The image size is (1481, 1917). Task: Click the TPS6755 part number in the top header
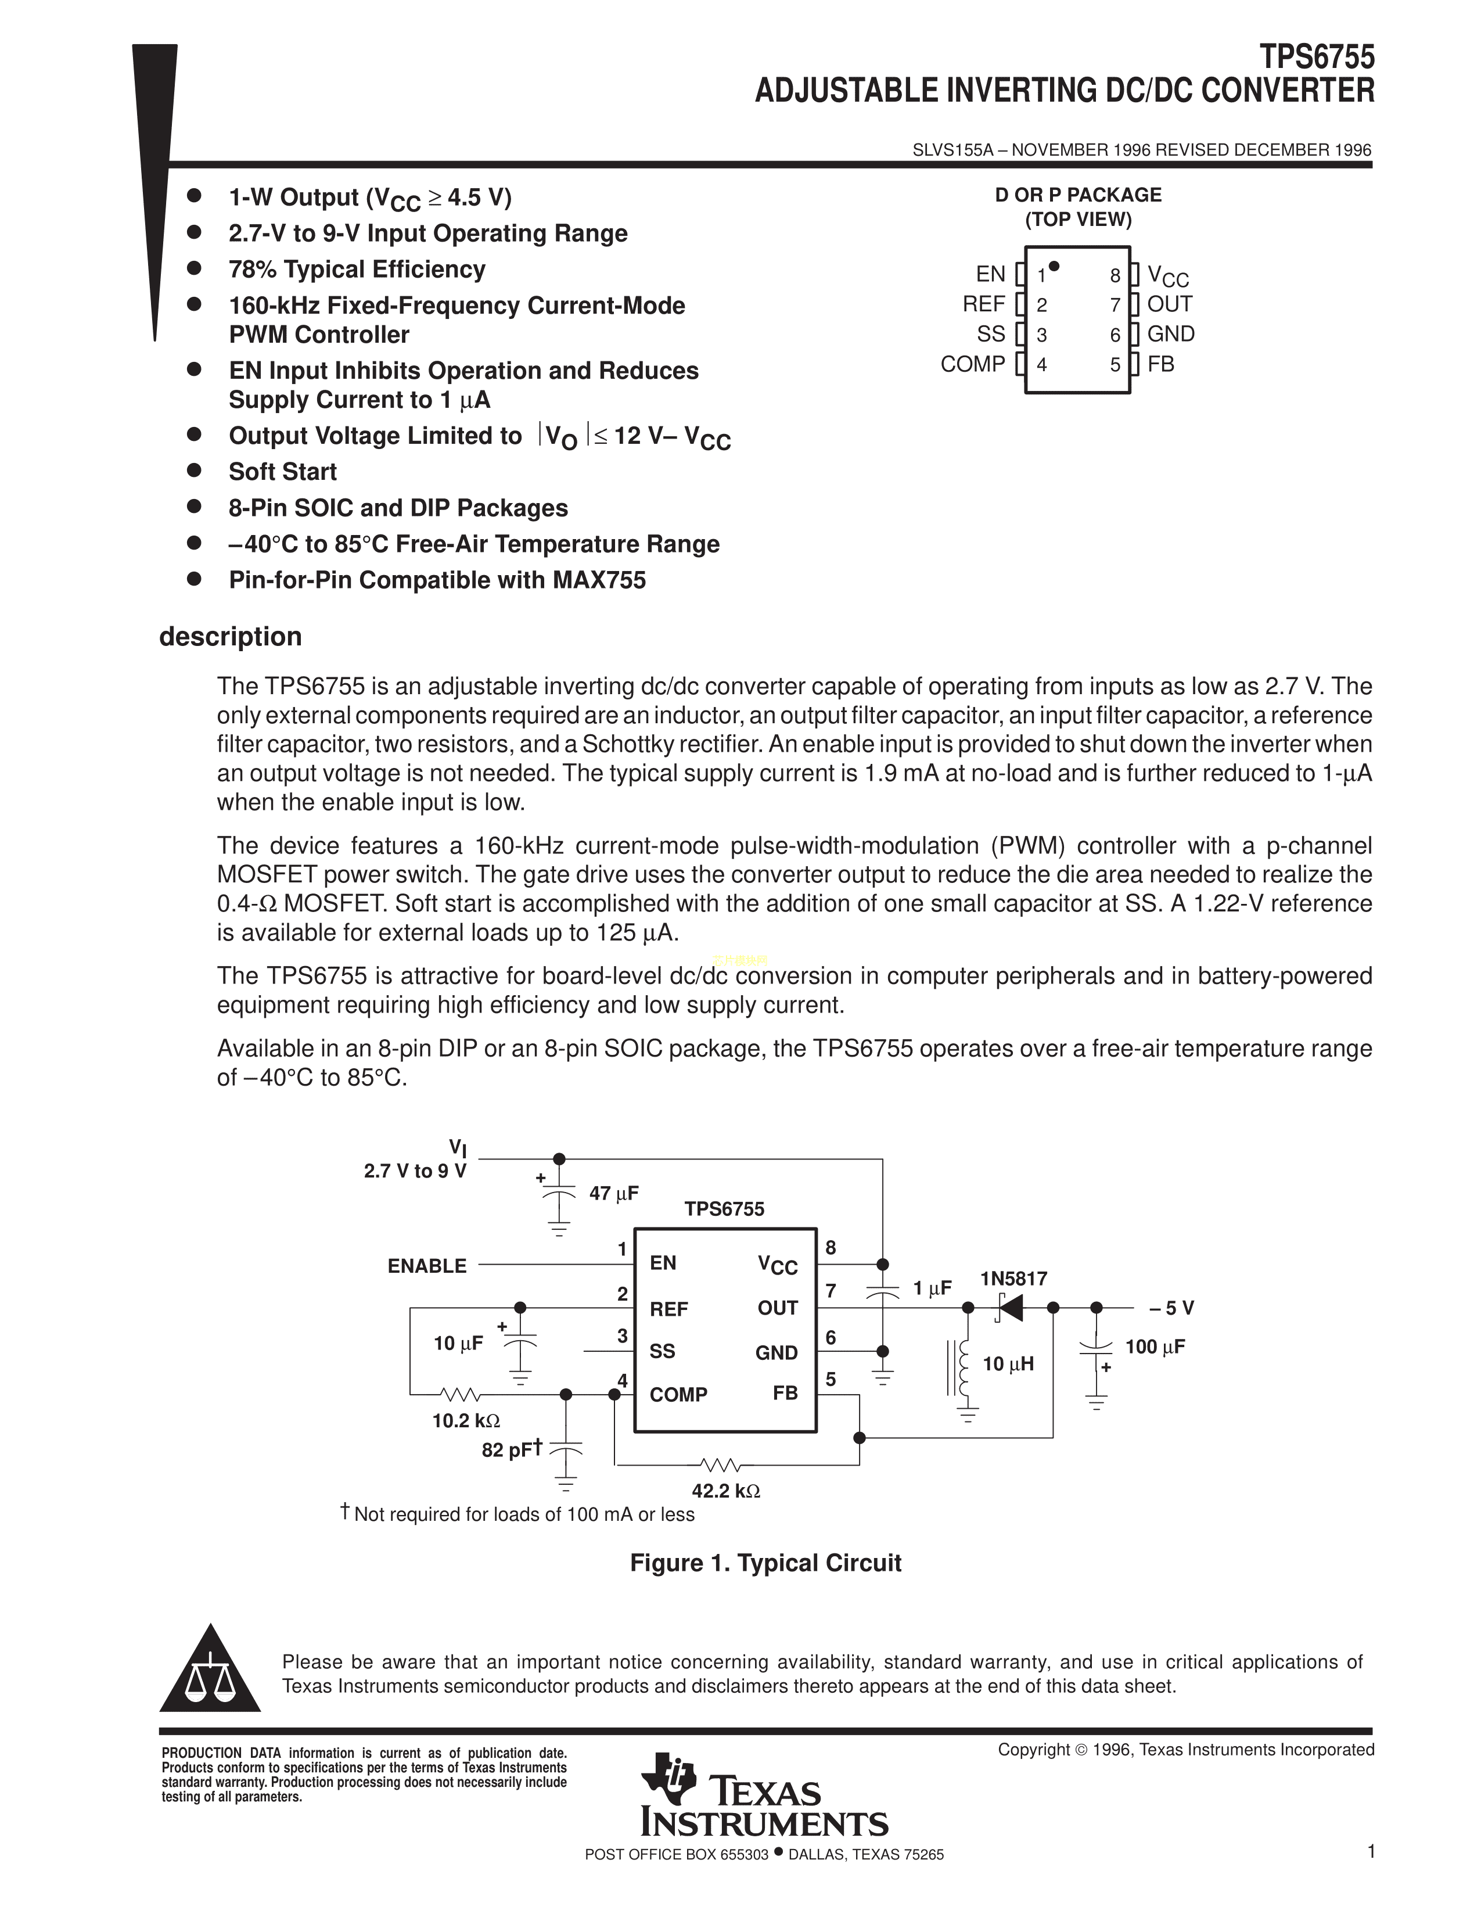[1317, 58]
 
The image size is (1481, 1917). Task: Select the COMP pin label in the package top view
[972, 364]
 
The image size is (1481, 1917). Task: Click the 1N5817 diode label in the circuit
[1013, 1279]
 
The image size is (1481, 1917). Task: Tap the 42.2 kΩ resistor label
[725, 1491]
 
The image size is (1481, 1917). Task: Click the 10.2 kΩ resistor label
[465, 1420]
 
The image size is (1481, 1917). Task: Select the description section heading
[230, 636]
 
